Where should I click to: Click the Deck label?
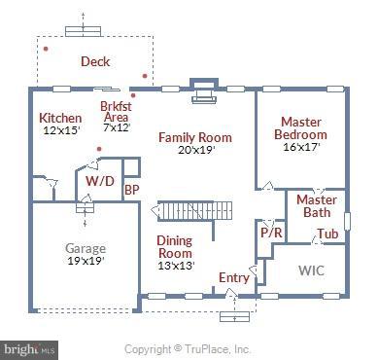[95, 61]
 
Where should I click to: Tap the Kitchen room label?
[59, 118]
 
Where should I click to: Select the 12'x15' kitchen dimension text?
[60, 130]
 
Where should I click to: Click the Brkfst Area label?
[116, 111]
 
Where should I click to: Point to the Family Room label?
[195, 137]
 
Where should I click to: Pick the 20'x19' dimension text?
[196, 150]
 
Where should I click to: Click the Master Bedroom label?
[300, 127]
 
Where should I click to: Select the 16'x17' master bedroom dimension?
[301, 147]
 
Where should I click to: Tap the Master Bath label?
[316, 205]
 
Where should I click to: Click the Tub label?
[327, 234]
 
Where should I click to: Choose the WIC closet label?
[311, 269]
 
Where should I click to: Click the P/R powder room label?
[270, 234]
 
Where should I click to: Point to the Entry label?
[233, 278]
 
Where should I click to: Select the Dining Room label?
[175, 247]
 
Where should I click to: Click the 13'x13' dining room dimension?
[175, 266]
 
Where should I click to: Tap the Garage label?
[85, 247]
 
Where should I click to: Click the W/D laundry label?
[99, 181]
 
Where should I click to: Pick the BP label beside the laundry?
[131, 190]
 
